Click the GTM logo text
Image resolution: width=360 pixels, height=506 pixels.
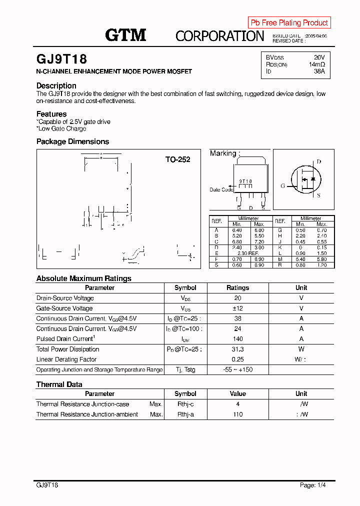[125, 34]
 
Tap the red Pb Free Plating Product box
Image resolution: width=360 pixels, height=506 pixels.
[289, 22]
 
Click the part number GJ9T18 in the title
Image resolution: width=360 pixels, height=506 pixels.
[61, 59]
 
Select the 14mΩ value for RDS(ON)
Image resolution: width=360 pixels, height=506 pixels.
[316, 64]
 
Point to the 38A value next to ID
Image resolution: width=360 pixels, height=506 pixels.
[319, 71]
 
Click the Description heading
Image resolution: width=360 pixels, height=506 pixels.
[56, 85]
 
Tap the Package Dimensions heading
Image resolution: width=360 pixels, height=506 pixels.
[72, 141]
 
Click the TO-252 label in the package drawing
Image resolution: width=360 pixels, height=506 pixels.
[177, 159]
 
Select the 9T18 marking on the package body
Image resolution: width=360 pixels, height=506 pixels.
[245, 181]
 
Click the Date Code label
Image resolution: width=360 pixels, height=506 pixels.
[221, 189]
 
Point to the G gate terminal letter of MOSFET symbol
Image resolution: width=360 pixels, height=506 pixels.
[282, 186]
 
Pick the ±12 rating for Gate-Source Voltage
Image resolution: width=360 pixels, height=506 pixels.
[237, 308]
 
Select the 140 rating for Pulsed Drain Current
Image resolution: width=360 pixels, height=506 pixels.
[237, 339]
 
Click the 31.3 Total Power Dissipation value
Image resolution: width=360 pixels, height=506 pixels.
[237, 349]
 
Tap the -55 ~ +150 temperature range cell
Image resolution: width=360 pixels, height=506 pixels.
[237, 369]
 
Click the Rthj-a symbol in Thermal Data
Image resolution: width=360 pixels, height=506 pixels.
[185, 414]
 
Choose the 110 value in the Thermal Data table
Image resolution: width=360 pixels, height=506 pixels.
[237, 414]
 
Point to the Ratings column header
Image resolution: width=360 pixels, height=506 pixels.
[237, 288]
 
